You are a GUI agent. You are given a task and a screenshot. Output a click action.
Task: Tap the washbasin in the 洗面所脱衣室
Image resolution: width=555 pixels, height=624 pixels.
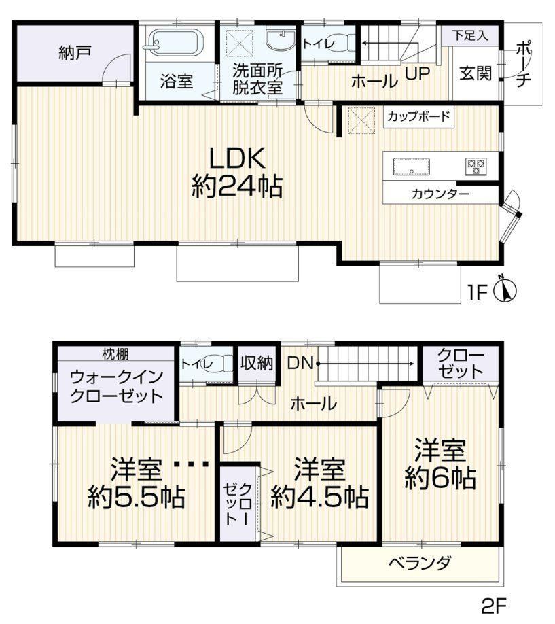coord(281,40)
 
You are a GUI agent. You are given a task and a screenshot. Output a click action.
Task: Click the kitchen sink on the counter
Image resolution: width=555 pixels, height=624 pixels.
coord(412,167)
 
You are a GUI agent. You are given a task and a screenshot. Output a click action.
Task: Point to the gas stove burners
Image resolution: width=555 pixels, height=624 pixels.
coord(476,167)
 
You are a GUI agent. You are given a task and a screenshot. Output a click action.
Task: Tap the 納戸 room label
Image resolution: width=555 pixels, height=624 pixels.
coord(75,53)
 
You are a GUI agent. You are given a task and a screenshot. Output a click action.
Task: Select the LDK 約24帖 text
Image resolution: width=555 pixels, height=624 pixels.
coord(237,172)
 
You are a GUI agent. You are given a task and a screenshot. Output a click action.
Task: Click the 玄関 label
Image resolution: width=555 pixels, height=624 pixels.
coord(476,73)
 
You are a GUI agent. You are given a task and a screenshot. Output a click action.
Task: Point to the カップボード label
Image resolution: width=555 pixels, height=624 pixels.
coord(418,116)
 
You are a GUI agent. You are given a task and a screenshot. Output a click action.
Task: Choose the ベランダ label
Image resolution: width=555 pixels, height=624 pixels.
coord(420,563)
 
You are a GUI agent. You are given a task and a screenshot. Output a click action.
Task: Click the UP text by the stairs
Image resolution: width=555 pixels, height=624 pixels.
coord(417,73)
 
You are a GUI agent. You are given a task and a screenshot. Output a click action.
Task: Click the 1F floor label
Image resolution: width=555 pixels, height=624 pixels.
coord(478,293)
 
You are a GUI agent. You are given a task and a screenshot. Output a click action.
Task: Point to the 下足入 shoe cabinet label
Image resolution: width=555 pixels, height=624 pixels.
coord(470,35)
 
